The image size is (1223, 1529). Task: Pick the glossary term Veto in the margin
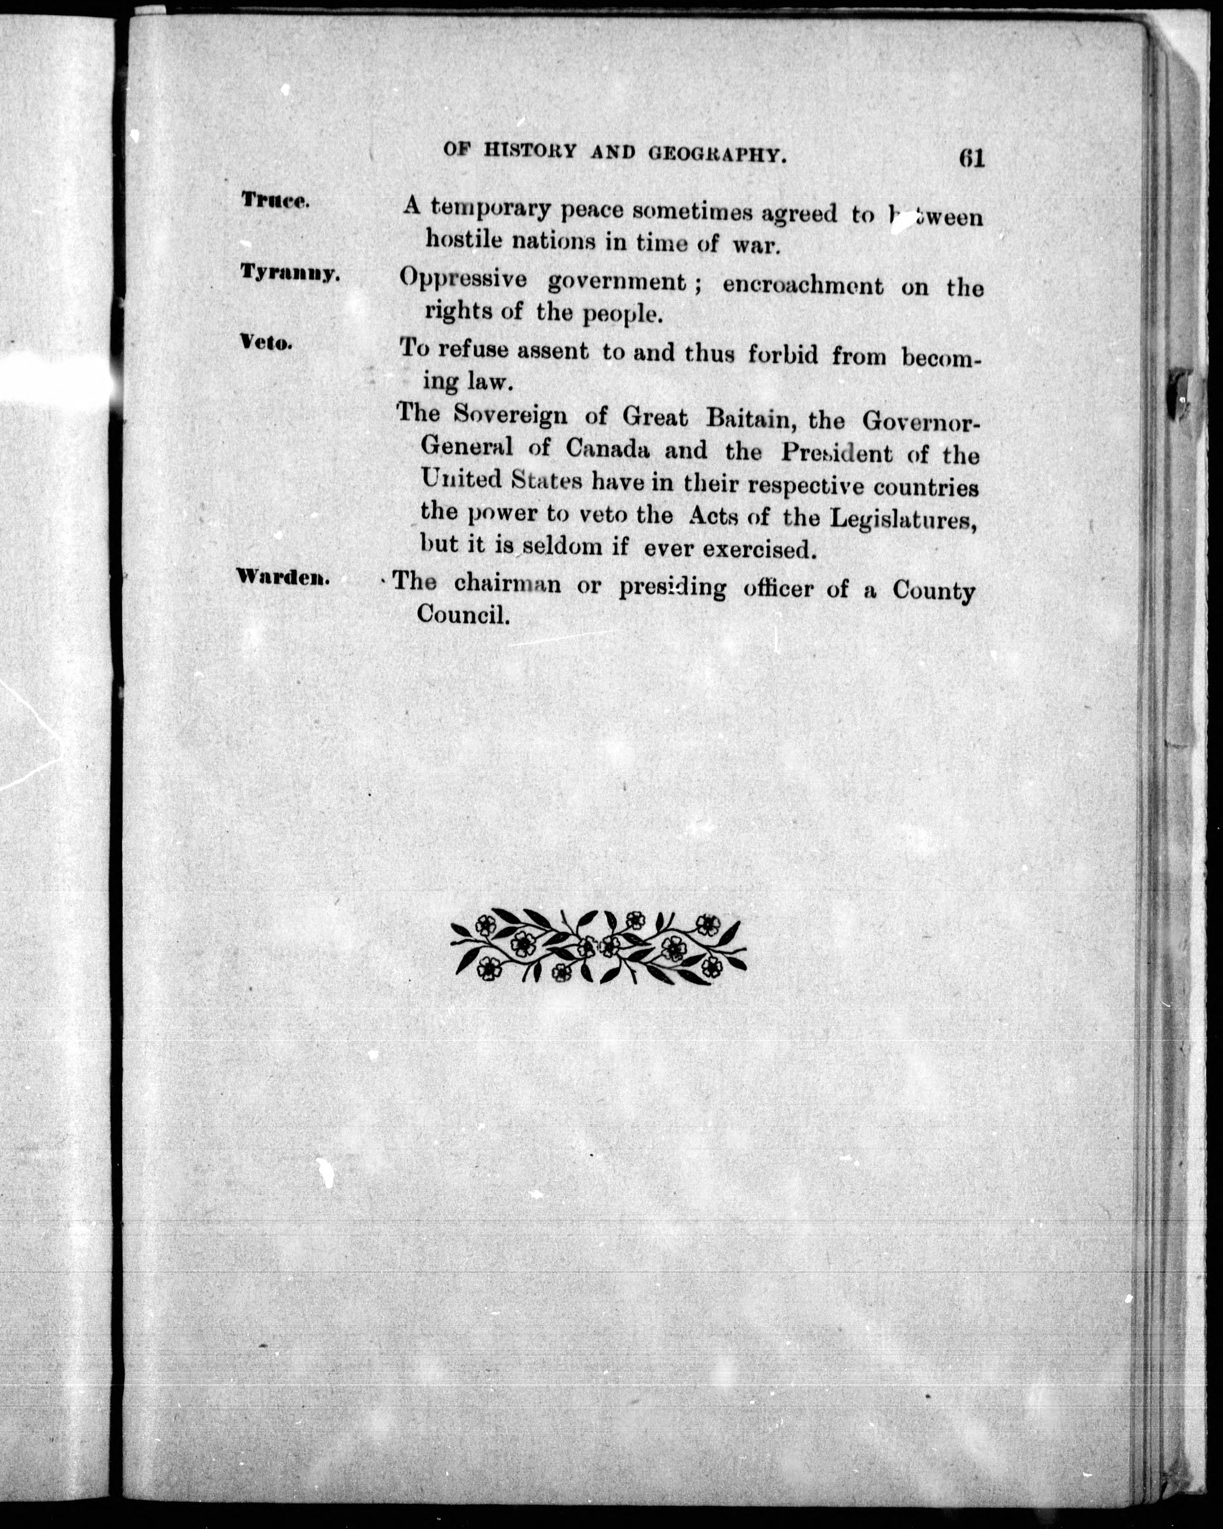click(x=266, y=344)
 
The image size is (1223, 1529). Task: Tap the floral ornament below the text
click(x=598, y=945)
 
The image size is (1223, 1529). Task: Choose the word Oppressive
click(x=462, y=280)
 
